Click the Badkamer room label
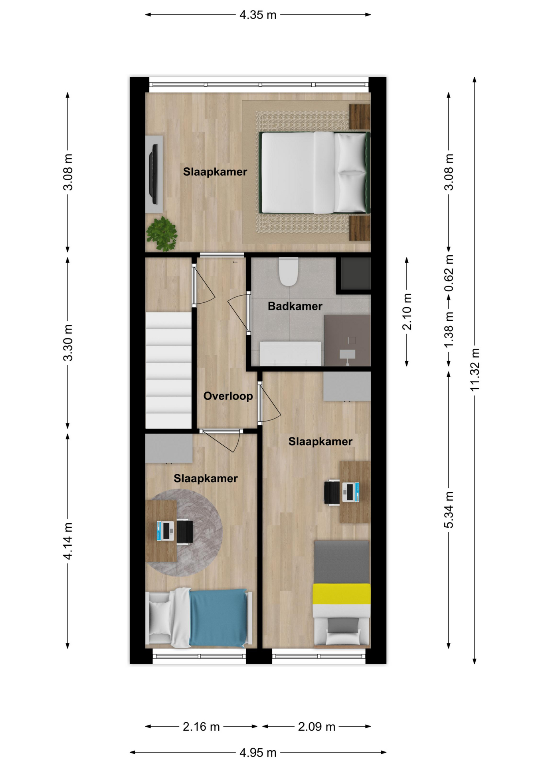tap(295, 306)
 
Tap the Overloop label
tap(228, 396)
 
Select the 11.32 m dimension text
tap(475, 370)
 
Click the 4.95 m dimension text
tap(258, 753)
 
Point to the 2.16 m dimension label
tap(201, 727)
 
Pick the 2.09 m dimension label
tap(316, 727)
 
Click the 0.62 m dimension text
tap(449, 274)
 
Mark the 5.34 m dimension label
tap(449, 510)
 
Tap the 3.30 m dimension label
tap(68, 343)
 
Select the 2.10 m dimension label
tap(407, 312)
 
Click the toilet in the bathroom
tap(289, 272)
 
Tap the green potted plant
tap(162, 234)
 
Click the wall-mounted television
tap(154, 174)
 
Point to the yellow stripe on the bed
tap(342, 594)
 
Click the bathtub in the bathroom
tap(291, 354)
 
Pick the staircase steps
tap(168, 370)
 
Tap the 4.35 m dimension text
tap(258, 15)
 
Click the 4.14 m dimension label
tap(68, 541)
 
